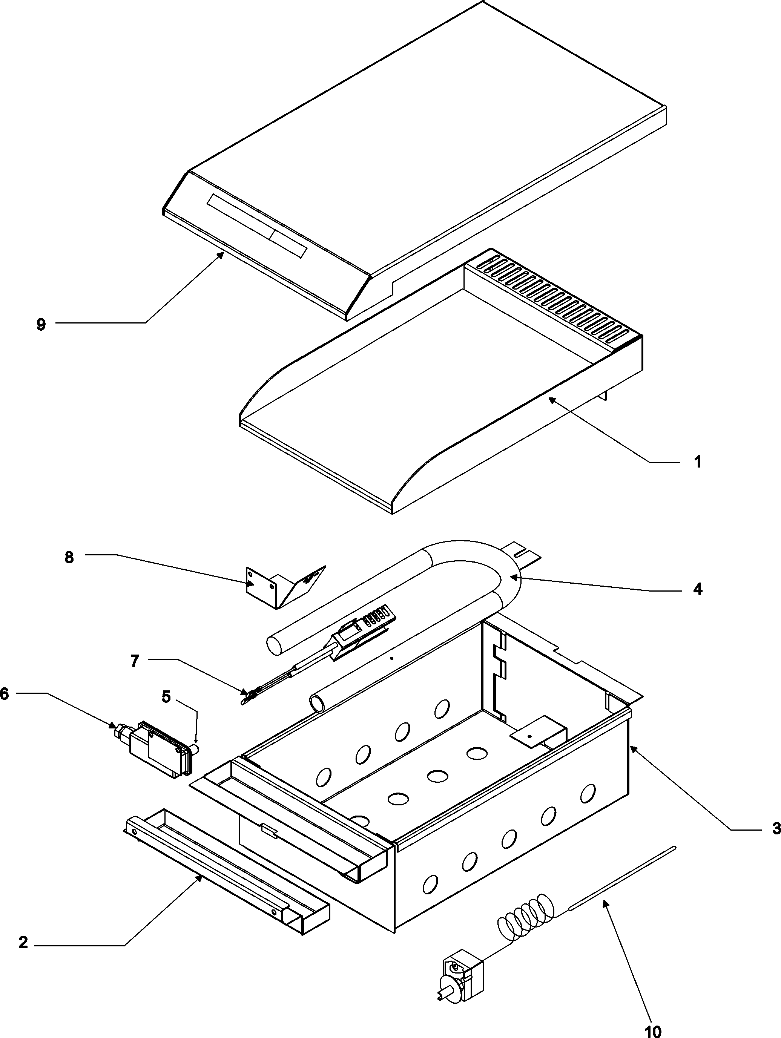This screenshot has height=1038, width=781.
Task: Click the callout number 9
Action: pos(41,325)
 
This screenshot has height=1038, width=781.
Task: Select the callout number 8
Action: pos(69,558)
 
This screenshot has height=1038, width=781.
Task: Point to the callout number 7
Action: pos(135,661)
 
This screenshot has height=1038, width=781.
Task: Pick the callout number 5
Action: pos(166,697)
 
